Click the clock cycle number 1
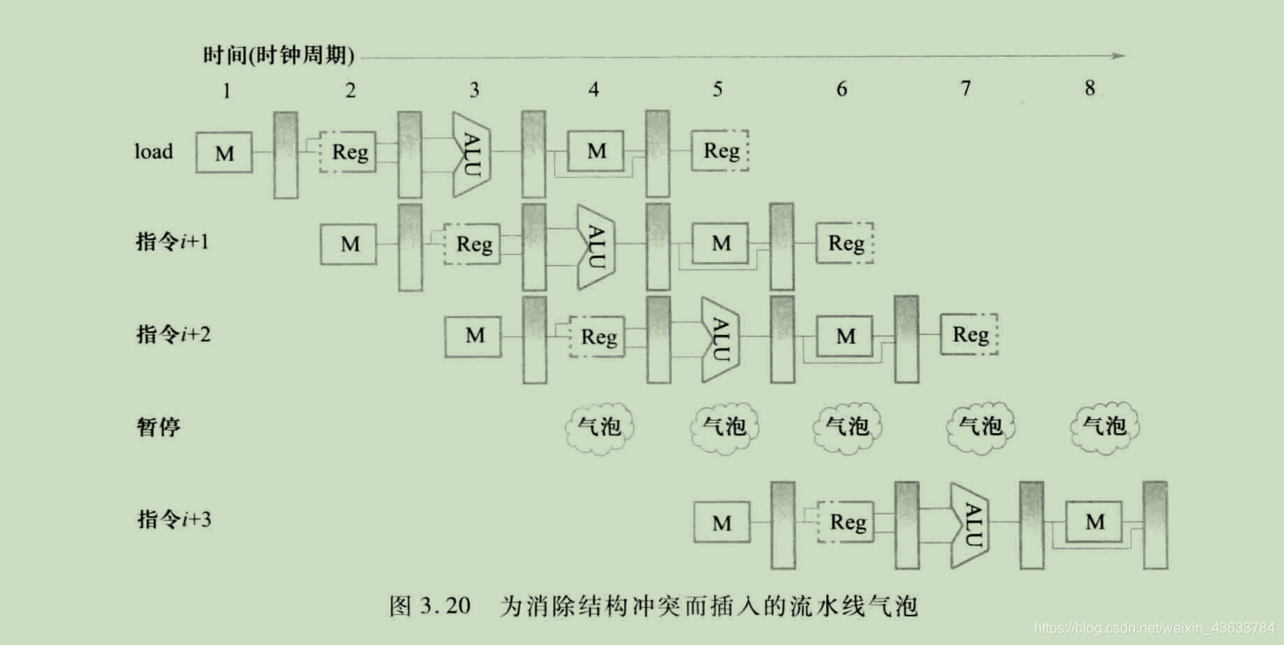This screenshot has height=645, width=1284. click(227, 89)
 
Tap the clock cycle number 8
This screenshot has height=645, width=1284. click(1089, 88)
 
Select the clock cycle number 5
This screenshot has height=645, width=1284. click(717, 89)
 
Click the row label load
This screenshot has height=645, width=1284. click(153, 152)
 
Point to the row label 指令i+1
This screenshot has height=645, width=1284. click(173, 242)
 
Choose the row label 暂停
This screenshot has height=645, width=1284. click(159, 427)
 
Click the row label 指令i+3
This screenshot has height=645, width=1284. click(174, 519)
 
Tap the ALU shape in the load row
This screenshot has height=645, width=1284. click(469, 154)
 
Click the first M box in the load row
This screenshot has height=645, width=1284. click(225, 154)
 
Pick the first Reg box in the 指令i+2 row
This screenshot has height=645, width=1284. click(598, 337)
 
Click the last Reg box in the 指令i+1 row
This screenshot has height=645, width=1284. click(846, 244)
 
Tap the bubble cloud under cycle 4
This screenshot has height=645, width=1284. click(599, 428)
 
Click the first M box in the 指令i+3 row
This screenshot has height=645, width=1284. click(722, 523)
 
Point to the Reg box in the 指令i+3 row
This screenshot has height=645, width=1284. click(847, 523)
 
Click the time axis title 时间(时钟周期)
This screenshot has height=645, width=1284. click(278, 57)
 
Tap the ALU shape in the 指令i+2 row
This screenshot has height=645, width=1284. click(717, 338)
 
